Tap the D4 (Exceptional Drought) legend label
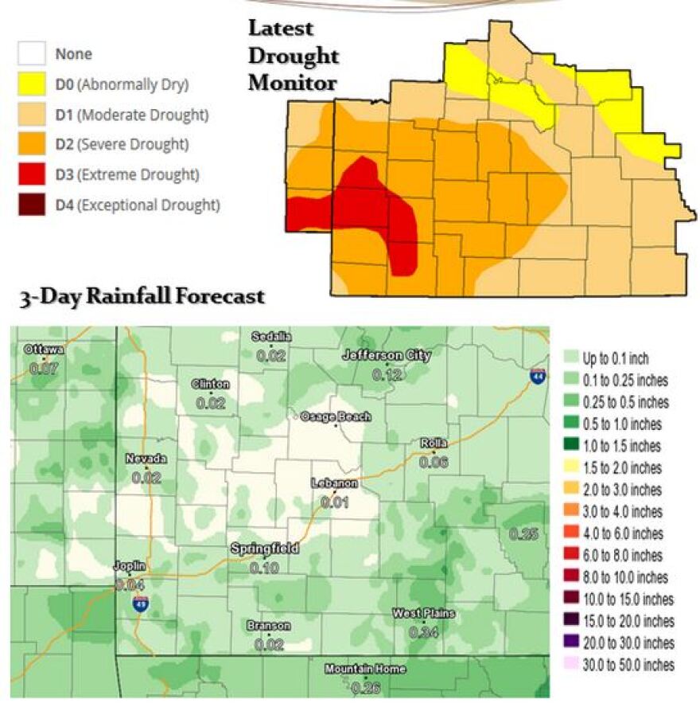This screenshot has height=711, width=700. tap(137, 205)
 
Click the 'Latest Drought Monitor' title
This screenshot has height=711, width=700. tap(292, 56)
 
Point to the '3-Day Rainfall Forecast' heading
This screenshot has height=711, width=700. tap(141, 298)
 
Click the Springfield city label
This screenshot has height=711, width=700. tap(264, 549)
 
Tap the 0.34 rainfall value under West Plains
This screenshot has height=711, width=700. tap(423, 632)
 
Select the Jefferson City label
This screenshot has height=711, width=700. tap(386, 356)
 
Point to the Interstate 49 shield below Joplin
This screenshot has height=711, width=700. tap(140, 603)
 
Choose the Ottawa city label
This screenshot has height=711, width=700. tap(44, 350)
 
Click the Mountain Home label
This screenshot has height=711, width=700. tap(365, 670)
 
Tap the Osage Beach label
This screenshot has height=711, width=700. tap(335, 416)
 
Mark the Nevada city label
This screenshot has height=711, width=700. tap(146, 459)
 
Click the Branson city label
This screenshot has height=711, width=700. tap(268, 626)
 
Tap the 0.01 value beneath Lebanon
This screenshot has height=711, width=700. tap(335, 502)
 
